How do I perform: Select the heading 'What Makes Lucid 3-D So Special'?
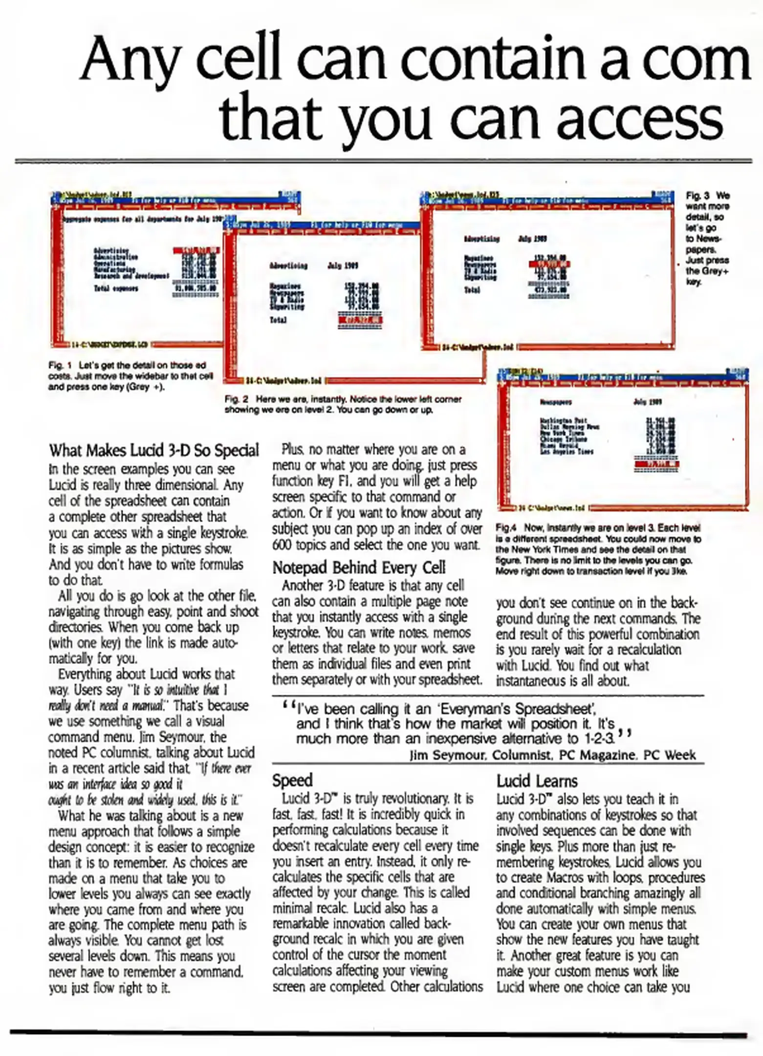click(154, 450)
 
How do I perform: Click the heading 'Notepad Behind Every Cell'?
click(359, 568)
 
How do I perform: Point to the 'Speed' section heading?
click(292, 780)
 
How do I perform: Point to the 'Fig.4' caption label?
click(506, 528)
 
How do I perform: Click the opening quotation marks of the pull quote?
click(288, 707)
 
